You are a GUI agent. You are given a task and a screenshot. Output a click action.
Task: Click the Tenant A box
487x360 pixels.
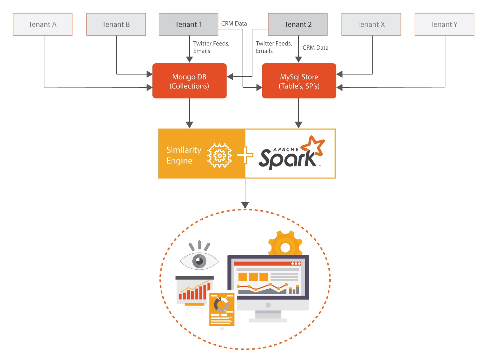coord(43,24)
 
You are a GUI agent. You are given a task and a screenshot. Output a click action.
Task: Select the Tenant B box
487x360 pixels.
coord(116,24)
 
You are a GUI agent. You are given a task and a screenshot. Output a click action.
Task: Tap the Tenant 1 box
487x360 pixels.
coord(188,24)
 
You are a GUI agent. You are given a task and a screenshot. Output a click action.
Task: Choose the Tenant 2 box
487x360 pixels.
coord(298,24)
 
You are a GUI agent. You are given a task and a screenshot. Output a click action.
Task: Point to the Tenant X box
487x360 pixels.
coord(371,24)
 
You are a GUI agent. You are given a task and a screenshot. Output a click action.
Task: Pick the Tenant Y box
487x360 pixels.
coord(444,24)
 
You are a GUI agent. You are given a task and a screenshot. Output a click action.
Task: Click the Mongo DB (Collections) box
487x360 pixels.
coord(189,81)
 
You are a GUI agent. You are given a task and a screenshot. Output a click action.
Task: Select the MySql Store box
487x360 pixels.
coord(299,81)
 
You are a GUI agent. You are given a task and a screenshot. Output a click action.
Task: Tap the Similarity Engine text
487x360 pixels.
coord(184,155)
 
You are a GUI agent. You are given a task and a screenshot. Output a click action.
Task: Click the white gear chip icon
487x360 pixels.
coord(220,155)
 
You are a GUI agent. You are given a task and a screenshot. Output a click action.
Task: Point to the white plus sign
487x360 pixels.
coord(245,155)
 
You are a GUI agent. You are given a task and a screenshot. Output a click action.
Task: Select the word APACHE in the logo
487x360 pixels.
coord(286,149)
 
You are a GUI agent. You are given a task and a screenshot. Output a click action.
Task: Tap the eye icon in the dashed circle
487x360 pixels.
coord(199,260)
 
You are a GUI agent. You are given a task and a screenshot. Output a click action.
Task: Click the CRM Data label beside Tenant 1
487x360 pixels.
coord(234,23)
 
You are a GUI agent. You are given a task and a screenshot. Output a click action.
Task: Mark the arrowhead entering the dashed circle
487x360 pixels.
coord(245,205)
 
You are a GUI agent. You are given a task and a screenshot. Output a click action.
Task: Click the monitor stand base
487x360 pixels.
coord(268,320)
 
